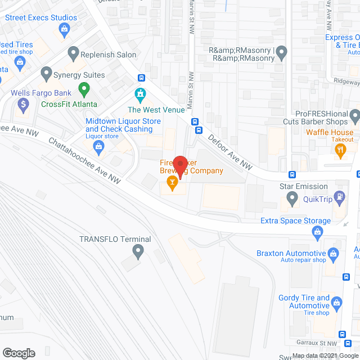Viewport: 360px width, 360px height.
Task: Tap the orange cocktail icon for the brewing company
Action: click(x=172, y=181)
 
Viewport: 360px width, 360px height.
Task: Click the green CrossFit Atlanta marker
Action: click(x=84, y=88)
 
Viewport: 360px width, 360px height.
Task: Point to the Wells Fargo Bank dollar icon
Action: click(x=23, y=103)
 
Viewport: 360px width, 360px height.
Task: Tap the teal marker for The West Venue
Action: click(x=139, y=93)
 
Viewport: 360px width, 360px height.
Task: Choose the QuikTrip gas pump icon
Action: click(x=339, y=197)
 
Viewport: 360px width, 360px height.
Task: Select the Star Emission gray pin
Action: click(x=292, y=198)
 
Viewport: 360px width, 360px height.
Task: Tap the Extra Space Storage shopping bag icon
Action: click(x=317, y=231)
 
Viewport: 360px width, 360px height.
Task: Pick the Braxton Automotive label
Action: click(x=291, y=254)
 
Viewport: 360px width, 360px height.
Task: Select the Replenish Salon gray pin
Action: click(x=73, y=55)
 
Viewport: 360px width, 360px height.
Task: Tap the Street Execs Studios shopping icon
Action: click(x=65, y=29)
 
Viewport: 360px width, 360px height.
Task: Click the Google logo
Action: click(x=19, y=353)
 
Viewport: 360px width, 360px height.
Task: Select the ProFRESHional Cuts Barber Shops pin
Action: click(x=354, y=117)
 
